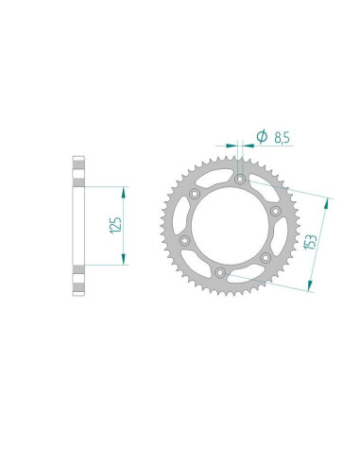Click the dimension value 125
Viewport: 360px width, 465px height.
coord(115,225)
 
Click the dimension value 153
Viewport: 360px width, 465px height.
coord(310,242)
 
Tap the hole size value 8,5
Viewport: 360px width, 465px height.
coord(282,138)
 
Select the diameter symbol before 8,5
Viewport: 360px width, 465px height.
coord(262,136)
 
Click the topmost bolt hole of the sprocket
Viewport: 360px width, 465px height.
coord(240,180)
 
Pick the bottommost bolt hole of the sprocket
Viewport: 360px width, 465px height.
coord(219,272)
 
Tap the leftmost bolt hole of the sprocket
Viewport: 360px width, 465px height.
coord(184,241)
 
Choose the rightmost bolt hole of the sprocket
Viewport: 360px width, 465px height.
coord(276,211)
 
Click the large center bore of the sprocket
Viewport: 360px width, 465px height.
coord(230,226)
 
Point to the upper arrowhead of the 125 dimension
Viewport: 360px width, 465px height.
coord(124,193)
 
